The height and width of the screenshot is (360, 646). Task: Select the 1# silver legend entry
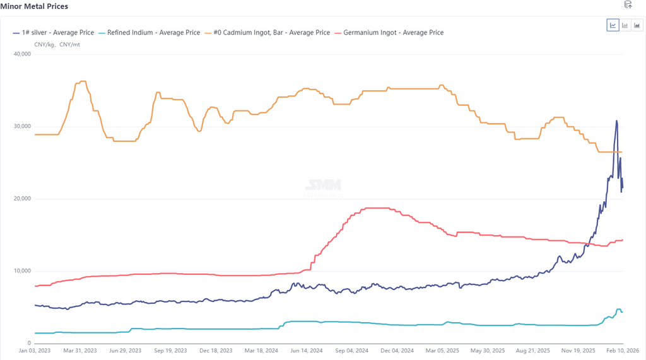(57, 32)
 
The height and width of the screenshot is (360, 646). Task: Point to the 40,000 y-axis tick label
(22, 54)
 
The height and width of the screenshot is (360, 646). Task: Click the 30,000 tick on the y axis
(22, 127)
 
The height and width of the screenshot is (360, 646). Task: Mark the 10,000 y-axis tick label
(22, 271)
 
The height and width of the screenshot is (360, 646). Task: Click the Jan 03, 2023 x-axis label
(35, 351)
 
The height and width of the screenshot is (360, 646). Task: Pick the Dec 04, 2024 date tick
(396, 351)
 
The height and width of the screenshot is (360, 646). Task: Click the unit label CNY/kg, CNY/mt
(57, 45)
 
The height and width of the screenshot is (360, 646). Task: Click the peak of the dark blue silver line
(616, 120)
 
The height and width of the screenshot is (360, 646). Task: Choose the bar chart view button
(625, 25)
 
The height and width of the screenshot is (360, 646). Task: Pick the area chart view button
(637, 25)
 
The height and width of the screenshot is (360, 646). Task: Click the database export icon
(628, 5)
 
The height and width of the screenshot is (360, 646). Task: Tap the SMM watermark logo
(323, 185)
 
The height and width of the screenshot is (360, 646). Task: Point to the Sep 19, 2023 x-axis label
(170, 351)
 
